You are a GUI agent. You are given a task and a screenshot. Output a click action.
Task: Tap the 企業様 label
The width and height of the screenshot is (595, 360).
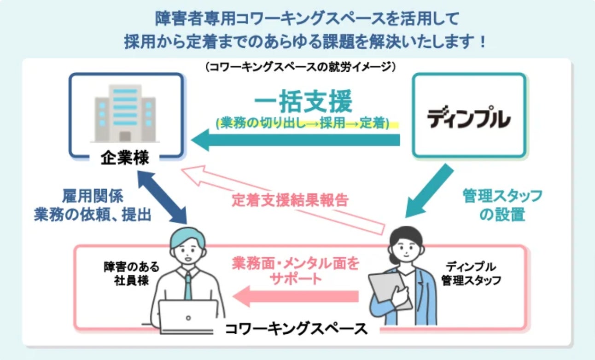pyautogui.click(x=125, y=158)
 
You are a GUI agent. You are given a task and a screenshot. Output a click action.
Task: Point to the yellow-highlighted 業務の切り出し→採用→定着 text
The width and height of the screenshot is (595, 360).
pyautogui.click(x=303, y=124)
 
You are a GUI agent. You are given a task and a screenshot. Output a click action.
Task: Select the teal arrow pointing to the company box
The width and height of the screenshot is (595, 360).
pyautogui.click(x=295, y=140)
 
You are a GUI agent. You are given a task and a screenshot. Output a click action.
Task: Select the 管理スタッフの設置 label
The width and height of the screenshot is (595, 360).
pyautogui.click(x=502, y=205)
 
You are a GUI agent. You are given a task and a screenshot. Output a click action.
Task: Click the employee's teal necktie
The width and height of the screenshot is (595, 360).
pyautogui.click(x=188, y=285)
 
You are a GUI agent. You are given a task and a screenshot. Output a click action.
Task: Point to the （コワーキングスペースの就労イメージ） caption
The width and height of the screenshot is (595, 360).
pyautogui.click(x=300, y=67)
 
